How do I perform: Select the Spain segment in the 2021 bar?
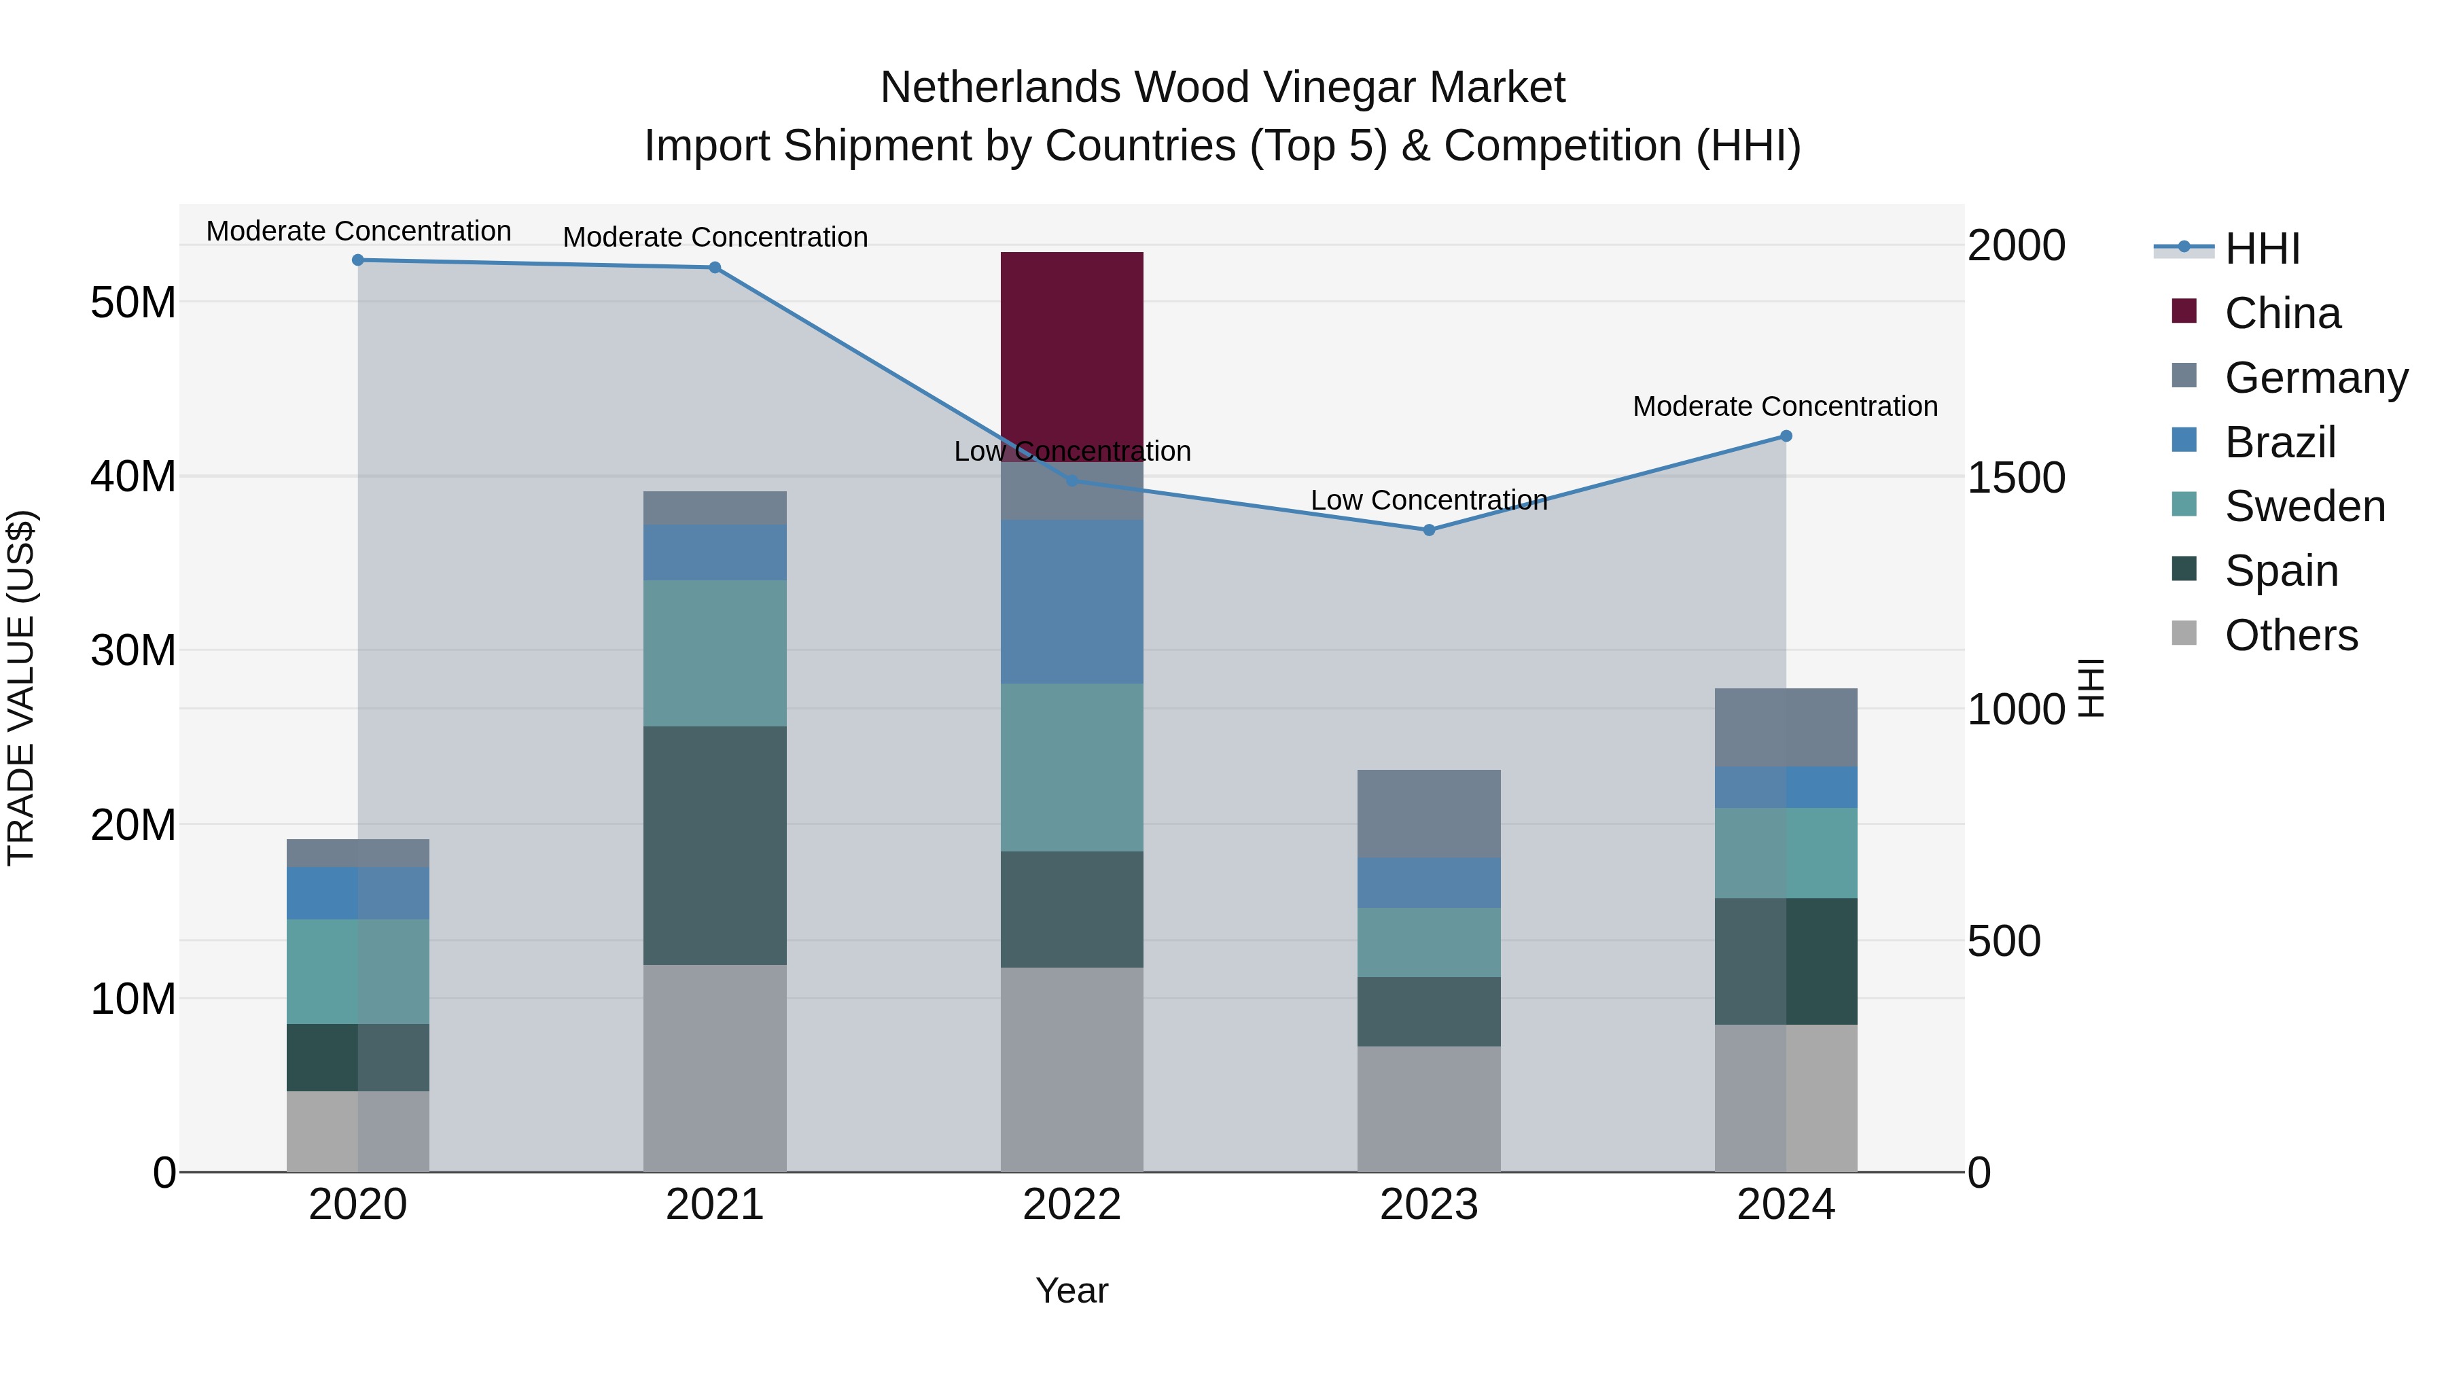coord(714,845)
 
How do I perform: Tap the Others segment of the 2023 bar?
coord(1428,1108)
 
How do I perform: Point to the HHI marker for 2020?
coord(358,260)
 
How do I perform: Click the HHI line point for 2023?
coord(1428,530)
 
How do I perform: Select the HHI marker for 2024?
coord(1785,436)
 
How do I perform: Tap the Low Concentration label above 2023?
coord(1428,499)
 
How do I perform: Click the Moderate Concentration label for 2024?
coord(1784,406)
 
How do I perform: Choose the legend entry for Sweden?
coord(2305,506)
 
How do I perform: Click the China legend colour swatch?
coord(2184,311)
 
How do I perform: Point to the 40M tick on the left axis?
coord(133,477)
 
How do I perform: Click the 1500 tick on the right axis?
coord(2015,478)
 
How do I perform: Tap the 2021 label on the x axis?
coord(714,1205)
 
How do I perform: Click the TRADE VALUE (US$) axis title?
coord(21,688)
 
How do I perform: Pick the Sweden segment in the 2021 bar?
coord(714,653)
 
